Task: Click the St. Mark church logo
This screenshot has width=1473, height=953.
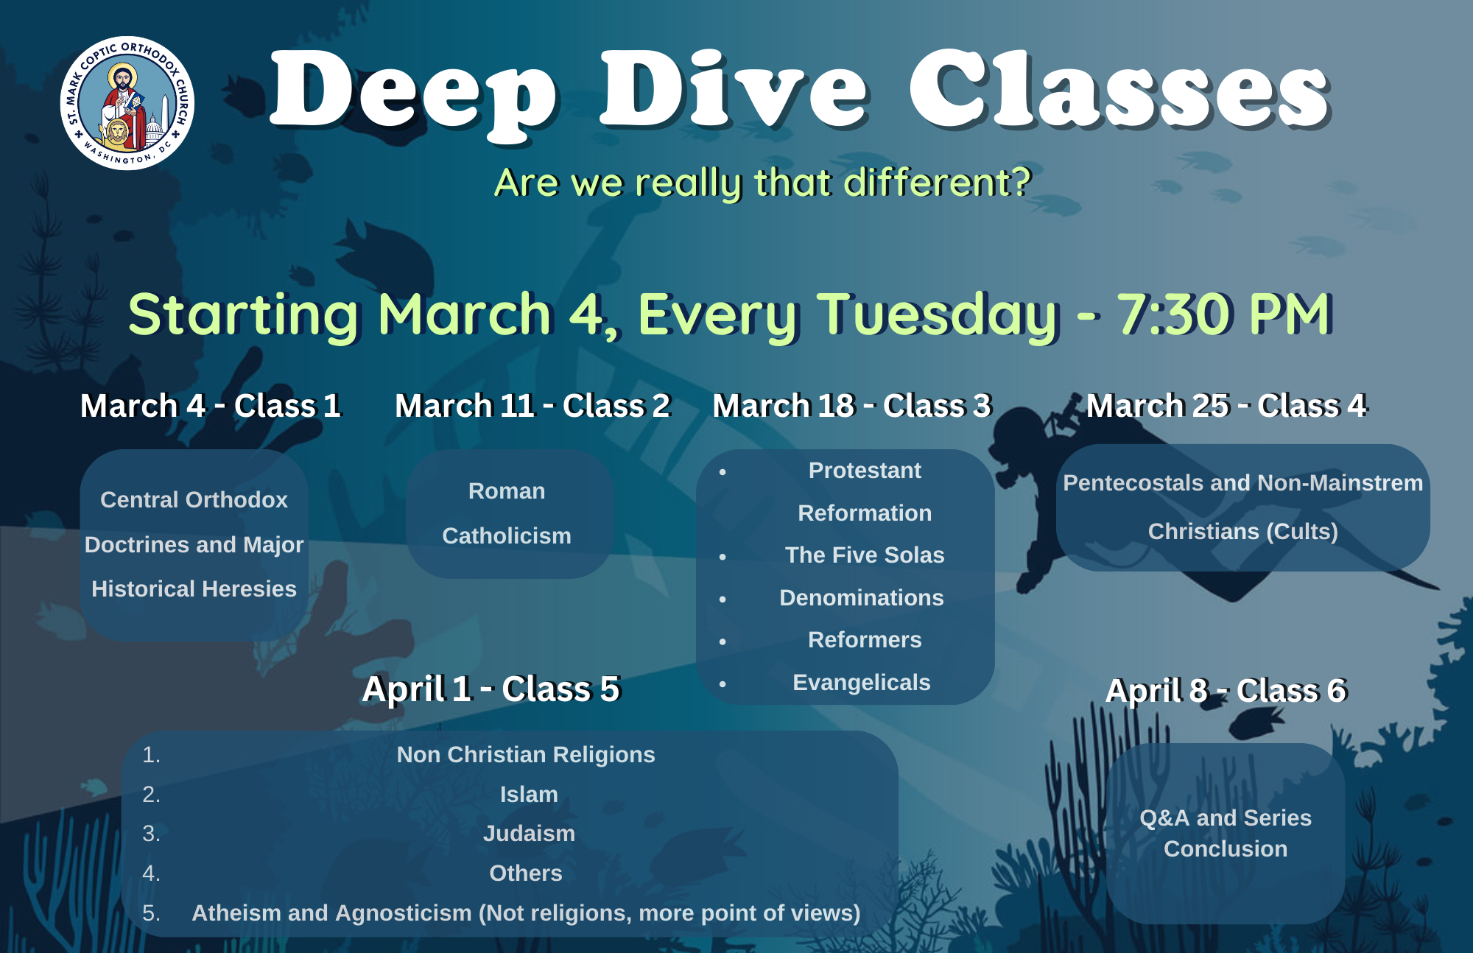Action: (x=127, y=103)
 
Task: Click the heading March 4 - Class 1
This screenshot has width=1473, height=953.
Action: (x=211, y=406)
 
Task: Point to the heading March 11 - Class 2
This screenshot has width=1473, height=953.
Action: (x=532, y=406)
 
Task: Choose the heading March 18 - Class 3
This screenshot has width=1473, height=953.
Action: (x=852, y=406)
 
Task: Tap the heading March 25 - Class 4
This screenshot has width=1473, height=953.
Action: (x=1226, y=406)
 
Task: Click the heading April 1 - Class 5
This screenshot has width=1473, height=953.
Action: (x=491, y=689)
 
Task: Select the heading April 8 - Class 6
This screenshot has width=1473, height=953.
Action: (x=1226, y=691)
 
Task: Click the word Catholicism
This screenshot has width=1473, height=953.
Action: (x=507, y=536)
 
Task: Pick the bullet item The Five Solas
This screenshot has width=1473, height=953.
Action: (x=865, y=555)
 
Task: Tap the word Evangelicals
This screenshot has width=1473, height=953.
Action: (x=862, y=683)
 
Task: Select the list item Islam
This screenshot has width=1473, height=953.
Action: (x=529, y=795)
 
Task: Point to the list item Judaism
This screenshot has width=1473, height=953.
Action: (x=529, y=834)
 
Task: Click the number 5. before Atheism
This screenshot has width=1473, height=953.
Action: (x=151, y=913)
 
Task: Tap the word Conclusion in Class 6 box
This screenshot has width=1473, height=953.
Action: (x=1226, y=849)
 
